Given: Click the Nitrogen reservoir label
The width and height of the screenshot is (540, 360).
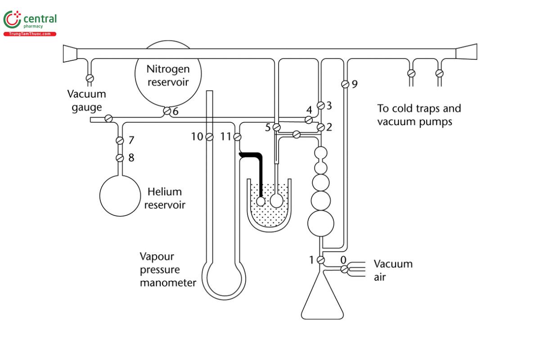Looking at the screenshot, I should pos(168,76).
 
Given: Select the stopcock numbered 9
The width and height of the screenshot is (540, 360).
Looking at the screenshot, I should pos(345,84).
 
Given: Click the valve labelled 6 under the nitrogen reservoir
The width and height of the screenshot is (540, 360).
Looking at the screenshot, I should pos(166,111).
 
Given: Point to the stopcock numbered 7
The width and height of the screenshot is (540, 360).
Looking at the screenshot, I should pos(120,140).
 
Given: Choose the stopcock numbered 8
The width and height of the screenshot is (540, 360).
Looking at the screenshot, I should pos(120,157).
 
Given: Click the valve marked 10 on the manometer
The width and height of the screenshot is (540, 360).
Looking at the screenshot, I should pos(209,136).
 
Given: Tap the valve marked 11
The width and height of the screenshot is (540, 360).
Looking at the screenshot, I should pos(237,136).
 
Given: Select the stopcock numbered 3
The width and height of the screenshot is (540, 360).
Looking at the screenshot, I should pos(321,105).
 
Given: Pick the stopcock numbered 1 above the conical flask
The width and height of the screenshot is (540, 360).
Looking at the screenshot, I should pos(321,260).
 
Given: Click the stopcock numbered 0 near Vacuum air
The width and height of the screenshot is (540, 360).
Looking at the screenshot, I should pos(344,269).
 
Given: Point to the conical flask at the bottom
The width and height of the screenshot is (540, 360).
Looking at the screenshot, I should pos(322,299).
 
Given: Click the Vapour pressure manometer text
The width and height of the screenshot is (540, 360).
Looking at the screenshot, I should pos(168,270).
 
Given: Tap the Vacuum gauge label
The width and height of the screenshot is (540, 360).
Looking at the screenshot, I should pos(86,101).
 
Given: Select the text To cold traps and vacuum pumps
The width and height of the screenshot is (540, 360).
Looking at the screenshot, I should pos(418,115).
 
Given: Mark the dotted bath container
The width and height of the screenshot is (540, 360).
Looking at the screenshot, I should pos(269,211).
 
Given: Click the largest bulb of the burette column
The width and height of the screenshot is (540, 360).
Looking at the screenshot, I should pos(321,223).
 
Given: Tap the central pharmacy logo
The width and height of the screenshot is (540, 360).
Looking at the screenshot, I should pos(30,22).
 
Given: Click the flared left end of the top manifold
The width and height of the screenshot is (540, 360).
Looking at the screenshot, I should pos(70,53).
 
